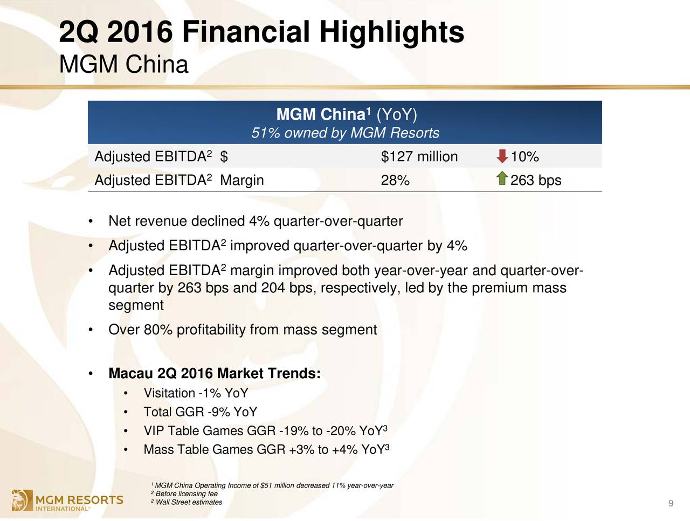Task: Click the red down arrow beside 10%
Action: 502,156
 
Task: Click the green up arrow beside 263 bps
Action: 502,179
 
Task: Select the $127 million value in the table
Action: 419,156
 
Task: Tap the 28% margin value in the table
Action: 395,181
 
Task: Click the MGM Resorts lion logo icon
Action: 22,500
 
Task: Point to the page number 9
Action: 671,503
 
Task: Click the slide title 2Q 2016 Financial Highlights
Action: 261,32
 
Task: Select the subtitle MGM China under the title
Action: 123,65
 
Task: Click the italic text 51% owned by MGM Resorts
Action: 345,133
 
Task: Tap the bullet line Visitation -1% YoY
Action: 196,393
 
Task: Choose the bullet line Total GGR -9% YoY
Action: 201,412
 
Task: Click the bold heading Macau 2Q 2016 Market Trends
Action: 215,373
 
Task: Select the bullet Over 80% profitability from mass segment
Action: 243,330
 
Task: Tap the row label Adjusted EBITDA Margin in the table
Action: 179,180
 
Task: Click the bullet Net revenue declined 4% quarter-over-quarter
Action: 256,221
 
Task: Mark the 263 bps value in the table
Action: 536,181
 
